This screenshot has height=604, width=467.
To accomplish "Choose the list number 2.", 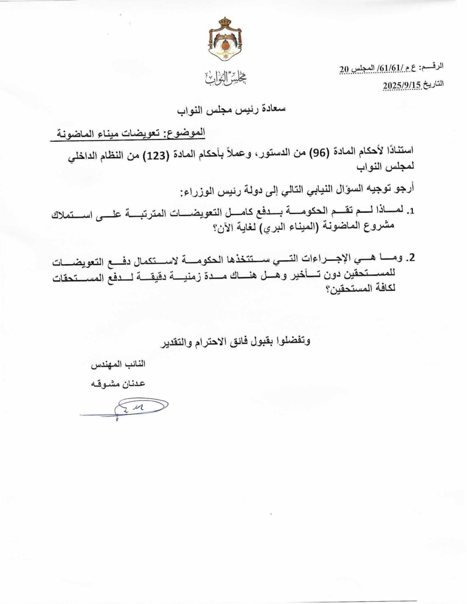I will tap(411, 258).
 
